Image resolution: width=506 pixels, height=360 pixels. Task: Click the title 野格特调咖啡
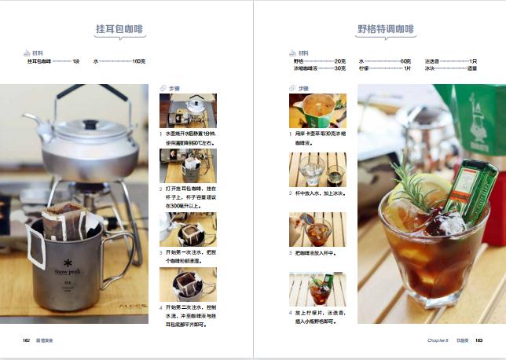pyautogui.click(x=384, y=30)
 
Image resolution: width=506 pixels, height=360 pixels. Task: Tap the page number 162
pyautogui.click(x=26, y=340)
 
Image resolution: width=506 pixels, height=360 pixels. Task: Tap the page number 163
pyautogui.click(x=478, y=340)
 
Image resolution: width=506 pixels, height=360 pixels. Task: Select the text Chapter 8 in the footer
pyautogui.click(x=437, y=340)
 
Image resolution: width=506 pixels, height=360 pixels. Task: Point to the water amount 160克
pyautogui.click(x=138, y=61)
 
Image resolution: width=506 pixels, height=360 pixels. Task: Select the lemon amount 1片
pyautogui.click(x=407, y=68)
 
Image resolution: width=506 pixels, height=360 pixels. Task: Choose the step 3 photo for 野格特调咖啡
pyautogui.click(x=317, y=229)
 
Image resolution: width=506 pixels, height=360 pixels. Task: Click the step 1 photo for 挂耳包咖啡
pyautogui.click(x=188, y=111)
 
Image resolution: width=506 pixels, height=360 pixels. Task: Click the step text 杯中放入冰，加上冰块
pyautogui.click(x=321, y=193)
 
